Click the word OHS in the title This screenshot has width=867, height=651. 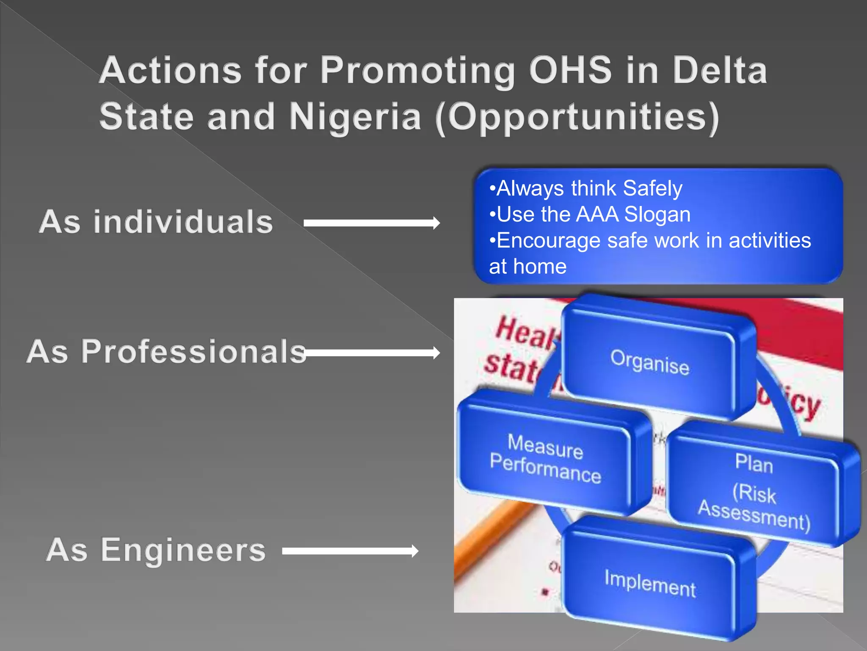point(570,70)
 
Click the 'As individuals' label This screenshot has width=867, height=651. point(156,222)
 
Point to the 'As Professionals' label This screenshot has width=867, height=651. point(166,351)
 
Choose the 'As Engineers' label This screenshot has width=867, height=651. point(156,550)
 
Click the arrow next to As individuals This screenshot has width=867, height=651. point(372,223)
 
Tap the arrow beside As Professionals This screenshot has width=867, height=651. point(372,353)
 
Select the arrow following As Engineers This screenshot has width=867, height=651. point(350,551)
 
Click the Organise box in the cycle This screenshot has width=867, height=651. point(649,362)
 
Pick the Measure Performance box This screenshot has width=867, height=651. point(545,458)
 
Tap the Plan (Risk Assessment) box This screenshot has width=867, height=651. point(754,492)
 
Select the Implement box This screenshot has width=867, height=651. point(650,583)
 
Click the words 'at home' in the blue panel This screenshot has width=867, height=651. point(527,267)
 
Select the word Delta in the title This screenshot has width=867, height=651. point(720,70)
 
